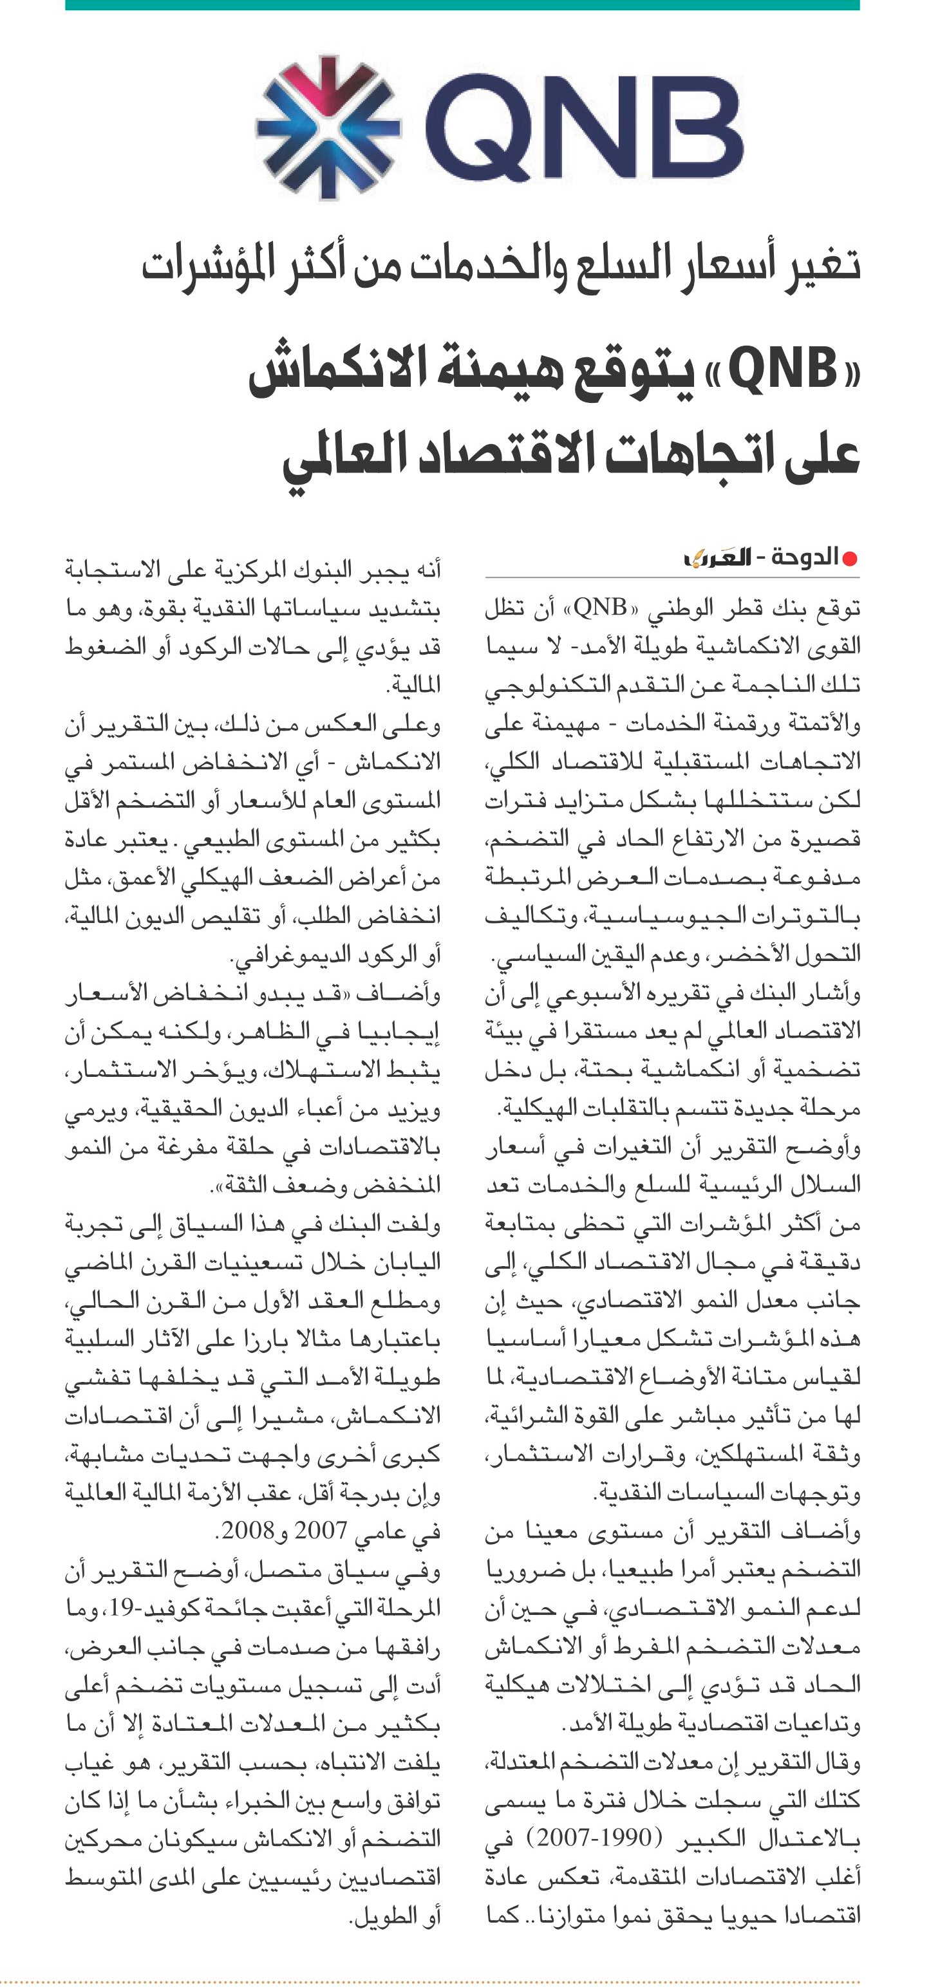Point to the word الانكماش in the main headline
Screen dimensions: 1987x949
(x=339, y=374)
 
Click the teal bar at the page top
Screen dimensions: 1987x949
(x=462, y=5)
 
